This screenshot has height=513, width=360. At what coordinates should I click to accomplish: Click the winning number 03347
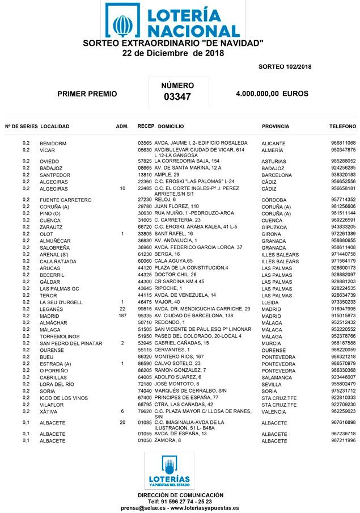(177, 97)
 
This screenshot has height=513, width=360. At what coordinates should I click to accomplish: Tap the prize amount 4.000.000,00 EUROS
(272, 94)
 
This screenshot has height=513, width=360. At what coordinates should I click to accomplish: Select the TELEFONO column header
(342, 126)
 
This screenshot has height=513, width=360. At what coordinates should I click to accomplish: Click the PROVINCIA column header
(276, 126)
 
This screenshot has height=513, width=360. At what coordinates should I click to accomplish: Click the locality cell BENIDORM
(53, 144)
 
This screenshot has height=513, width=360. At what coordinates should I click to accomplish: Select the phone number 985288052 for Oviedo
(343, 161)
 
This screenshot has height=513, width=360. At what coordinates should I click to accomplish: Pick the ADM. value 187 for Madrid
(122, 316)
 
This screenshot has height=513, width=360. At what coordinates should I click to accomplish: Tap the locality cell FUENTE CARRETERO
(65, 200)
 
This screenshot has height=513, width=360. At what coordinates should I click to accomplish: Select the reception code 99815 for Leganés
(145, 309)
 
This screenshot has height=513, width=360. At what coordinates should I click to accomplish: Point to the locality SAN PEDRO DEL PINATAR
(71, 343)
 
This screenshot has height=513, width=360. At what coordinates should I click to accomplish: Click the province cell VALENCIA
(274, 412)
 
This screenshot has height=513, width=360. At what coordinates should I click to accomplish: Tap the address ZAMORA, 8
(168, 440)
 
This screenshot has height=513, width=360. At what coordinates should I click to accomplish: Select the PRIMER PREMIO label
(87, 94)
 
